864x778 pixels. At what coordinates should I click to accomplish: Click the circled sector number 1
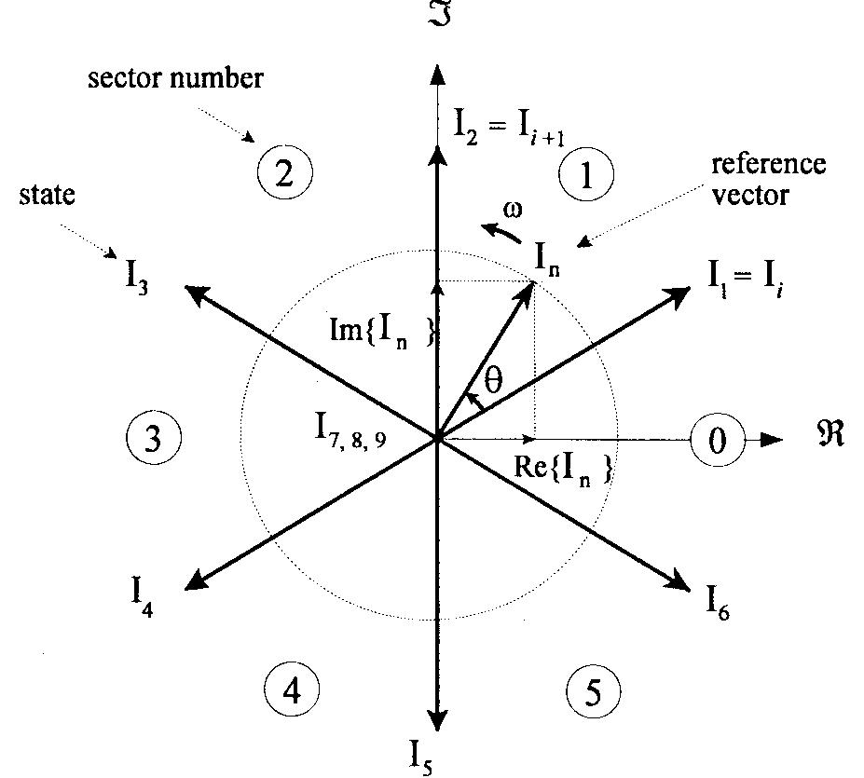point(585,174)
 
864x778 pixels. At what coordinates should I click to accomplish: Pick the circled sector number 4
point(292,690)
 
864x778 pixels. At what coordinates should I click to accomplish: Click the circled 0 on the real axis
point(716,440)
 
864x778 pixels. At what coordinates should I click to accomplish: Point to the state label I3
point(137,276)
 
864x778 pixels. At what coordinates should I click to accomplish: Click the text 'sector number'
point(175,77)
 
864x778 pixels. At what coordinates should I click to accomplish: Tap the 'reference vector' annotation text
point(768,179)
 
